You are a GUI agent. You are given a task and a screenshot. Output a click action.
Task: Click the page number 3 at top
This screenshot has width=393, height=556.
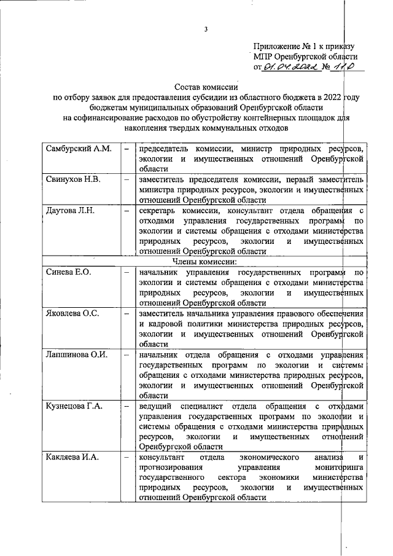207,29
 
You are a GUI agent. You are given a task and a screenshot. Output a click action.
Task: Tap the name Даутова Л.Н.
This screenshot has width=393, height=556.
69,211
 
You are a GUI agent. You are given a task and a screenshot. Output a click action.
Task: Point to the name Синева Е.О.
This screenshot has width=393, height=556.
68,272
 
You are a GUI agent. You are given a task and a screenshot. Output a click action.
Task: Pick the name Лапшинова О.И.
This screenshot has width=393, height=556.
77,354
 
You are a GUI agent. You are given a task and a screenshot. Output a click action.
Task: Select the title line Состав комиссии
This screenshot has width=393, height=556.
205,87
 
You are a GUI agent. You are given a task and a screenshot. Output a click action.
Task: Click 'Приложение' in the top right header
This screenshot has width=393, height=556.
278,46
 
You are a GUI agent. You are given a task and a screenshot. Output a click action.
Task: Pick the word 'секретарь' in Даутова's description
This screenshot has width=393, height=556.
157,211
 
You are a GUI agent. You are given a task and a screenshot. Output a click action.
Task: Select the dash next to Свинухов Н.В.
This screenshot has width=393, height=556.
125,179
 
